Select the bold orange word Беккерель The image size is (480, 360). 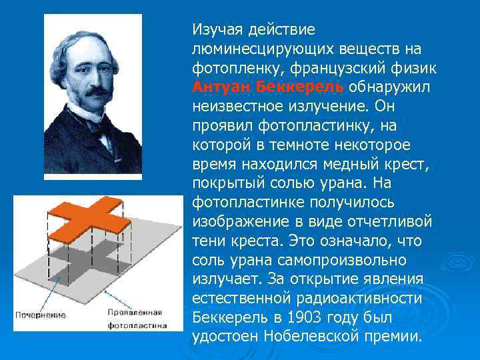pyautogui.click(x=300, y=87)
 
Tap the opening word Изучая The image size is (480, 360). pyautogui.click(x=218, y=29)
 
